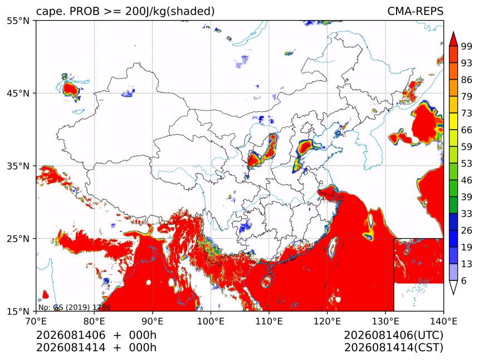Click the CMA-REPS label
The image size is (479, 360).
(x=415, y=11)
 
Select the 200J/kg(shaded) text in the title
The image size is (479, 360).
(x=170, y=12)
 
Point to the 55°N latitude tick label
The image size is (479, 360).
(x=18, y=21)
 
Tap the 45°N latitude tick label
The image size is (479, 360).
(x=18, y=93)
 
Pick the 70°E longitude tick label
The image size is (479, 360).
(x=36, y=321)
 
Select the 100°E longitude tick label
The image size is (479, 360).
(x=211, y=321)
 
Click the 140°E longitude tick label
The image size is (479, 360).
(x=443, y=321)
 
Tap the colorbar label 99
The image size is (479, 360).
(x=467, y=46)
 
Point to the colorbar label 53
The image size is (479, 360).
(x=467, y=164)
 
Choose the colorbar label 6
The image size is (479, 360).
(x=464, y=280)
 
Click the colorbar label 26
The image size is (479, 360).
(x=467, y=230)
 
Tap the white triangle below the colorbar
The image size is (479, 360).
(x=453, y=287)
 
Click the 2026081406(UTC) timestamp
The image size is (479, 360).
(x=393, y=336)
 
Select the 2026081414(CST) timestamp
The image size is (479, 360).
(x=393, y=348)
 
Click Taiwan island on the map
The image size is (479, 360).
(x=333, y=247)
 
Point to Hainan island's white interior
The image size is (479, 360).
(x=267, y=280)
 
